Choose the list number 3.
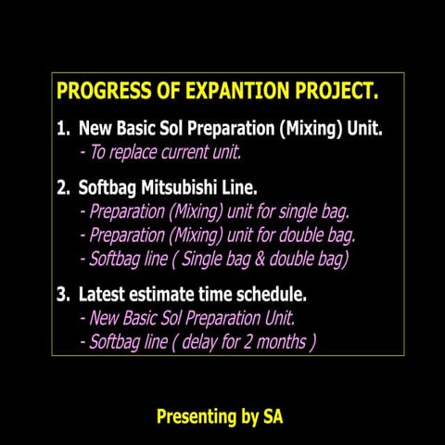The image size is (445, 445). (62, 295)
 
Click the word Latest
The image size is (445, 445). (103, 295)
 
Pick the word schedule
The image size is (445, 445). (273, 295)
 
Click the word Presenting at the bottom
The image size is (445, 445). (197, 417)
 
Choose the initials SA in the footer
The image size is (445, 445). (273, 417)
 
